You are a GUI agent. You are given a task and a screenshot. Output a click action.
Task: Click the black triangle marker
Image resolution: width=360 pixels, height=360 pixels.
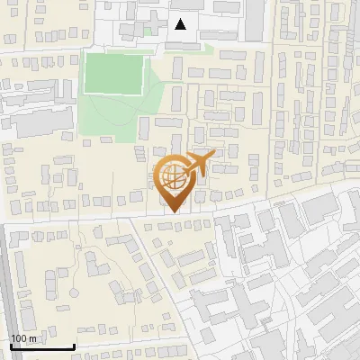click(181, 24)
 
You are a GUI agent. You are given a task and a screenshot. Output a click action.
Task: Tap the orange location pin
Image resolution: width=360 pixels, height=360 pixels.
click(175, 181)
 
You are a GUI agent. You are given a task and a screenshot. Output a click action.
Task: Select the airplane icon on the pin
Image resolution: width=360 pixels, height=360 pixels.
click(199, 164)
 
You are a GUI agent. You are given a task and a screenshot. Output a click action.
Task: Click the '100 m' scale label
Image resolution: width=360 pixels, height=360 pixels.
click(24, 338)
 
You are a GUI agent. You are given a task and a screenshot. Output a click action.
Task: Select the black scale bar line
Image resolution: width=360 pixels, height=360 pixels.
click(41, 346)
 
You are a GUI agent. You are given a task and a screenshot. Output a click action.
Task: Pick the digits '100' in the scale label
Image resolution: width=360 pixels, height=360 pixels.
click(19, 338)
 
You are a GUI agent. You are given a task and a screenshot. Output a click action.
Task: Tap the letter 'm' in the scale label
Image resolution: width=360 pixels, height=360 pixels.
click(33, 338)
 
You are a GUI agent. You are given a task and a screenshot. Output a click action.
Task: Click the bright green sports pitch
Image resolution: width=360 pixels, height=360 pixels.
click(114, 73)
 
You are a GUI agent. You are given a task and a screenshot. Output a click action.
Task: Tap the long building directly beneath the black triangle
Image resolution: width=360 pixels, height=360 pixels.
click(183, 44)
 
